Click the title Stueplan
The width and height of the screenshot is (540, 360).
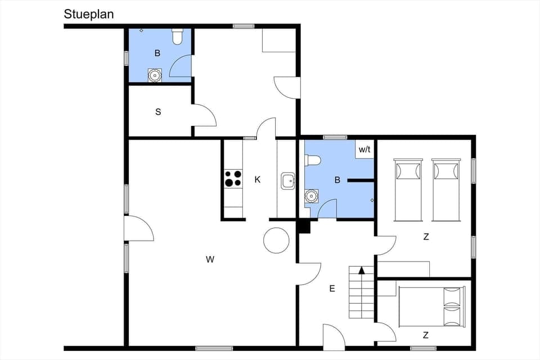[x=89, y=15]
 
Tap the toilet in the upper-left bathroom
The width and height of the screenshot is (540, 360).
[x=178, y=37]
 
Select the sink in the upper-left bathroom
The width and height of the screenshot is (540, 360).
[x=155, y=75]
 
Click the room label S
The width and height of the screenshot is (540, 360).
[x=158, y=112]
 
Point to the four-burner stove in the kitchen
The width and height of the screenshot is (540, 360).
[x=233, y=178]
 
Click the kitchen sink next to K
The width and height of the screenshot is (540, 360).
[x=289, y=181]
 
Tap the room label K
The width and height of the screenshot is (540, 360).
[x=258, y=180]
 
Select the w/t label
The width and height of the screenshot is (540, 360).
[x=364, y=150]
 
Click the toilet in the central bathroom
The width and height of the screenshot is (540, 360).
[x=312, y=161]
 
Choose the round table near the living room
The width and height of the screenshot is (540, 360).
[x=276, y=240]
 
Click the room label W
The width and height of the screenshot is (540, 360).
[x=210, y=259]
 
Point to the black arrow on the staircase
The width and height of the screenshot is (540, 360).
[x=362, y=271]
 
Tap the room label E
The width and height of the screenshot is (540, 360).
[x=332, y=289]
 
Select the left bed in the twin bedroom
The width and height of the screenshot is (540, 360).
[x=408, y=190]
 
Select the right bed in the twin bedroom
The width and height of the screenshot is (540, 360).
[x=446, y=190]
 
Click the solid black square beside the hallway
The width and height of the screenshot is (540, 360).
[x=304, y=226]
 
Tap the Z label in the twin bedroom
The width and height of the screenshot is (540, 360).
[x=426, y=237]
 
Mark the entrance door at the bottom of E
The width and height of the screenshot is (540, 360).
[x=334, y=337]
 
